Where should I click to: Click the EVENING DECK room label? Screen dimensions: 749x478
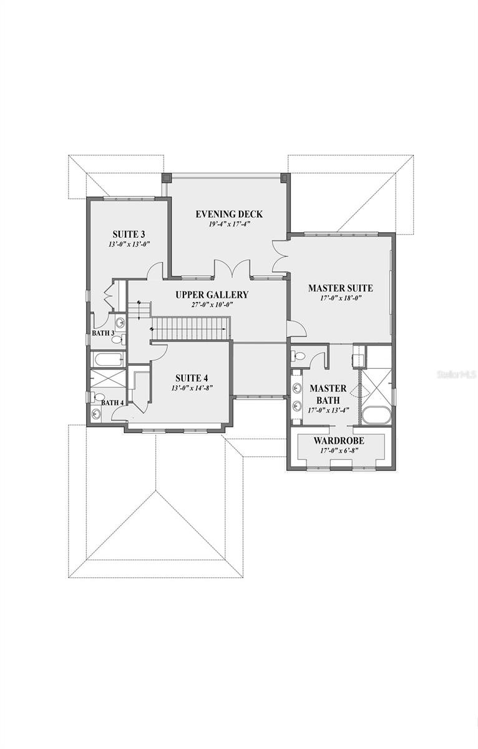click(x=229, y=214)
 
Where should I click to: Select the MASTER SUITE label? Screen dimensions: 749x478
click(x=340, y=288)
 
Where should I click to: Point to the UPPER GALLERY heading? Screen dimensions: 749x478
click(x=212, y=295)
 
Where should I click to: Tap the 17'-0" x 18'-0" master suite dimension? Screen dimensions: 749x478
click(x=339, y=298)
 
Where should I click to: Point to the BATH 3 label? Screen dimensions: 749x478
click(x=104, y=333)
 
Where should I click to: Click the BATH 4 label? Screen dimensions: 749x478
click(x=112, y=403)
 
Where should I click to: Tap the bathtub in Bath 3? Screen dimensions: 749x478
click(x=108, y=359)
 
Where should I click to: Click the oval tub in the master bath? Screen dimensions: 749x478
click(x=376, y=416)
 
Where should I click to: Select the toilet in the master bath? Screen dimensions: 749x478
click(x=298, y=356)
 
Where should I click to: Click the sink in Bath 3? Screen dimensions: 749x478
click(x=120, y=323)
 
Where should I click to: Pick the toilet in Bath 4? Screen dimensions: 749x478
click(x=99, y=396)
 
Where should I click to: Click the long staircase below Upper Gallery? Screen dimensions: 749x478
click(x=190, y=328)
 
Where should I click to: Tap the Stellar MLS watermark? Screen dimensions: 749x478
click(x=457, y=374)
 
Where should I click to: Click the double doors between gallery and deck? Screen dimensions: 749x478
click(x=232, y=270)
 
